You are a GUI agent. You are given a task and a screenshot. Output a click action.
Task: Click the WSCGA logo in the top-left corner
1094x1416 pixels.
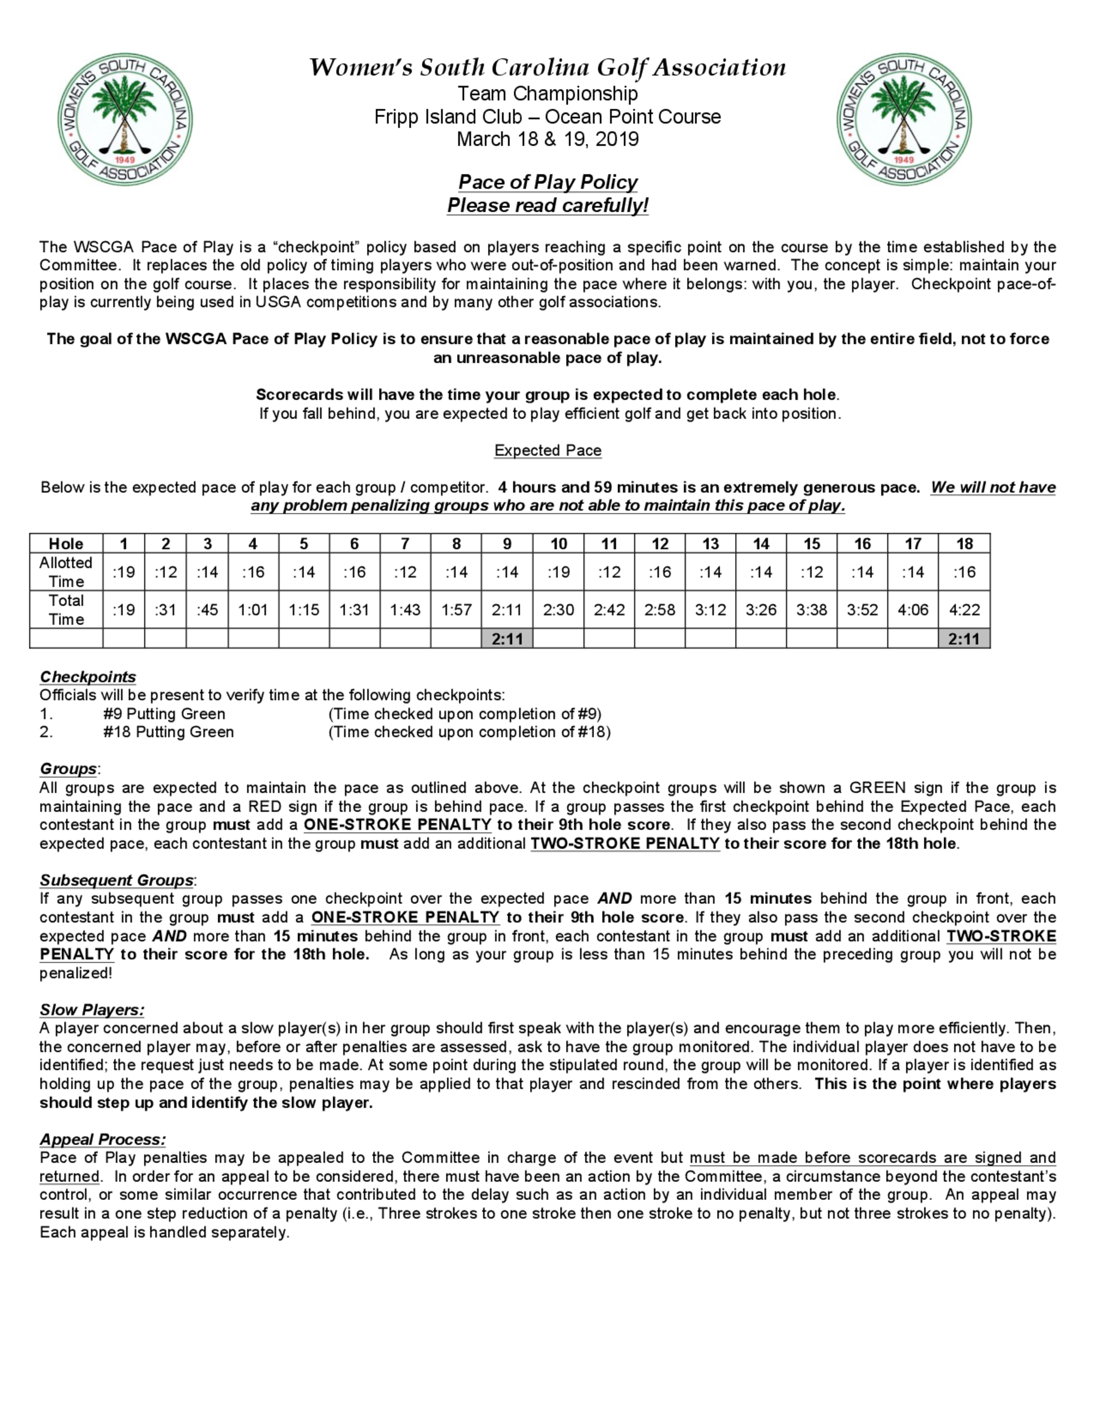coord(125,119)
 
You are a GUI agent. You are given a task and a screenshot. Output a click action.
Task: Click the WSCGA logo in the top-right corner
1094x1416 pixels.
coord(904,119)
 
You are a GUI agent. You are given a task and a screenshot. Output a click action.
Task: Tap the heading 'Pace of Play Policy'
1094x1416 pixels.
coord(548,182)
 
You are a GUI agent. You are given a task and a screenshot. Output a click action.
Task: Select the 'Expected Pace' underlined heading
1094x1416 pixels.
coord(548,450)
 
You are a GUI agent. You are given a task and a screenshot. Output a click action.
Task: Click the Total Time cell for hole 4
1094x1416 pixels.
coord(253,610)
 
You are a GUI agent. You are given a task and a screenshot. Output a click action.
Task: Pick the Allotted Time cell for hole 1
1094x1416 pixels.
coord(124,572)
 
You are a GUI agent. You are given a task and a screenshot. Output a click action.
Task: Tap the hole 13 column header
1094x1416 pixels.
coord(711,543)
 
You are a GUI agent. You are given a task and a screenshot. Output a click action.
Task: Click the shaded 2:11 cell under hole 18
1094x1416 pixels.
coord(964,639)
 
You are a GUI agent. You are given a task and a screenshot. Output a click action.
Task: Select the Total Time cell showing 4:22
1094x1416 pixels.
coord(964,610)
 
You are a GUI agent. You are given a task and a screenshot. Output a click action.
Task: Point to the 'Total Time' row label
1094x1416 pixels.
coord(66,610)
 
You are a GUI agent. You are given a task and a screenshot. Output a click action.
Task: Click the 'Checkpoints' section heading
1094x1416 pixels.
coord(88,677)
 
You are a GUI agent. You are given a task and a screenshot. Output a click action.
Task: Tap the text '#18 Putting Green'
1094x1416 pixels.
coord(168,732)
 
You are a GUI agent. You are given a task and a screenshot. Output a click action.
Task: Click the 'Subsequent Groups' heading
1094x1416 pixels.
coord(117,880)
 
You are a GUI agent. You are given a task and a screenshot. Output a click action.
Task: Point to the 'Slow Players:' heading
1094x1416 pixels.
coord(91,1009)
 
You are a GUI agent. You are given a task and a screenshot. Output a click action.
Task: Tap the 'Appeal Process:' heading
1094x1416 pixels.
coord(102,1139)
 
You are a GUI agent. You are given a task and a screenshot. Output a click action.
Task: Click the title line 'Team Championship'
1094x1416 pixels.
coord(548,94)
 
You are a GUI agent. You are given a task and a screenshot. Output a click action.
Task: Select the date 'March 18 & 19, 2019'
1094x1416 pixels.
coord(548,140)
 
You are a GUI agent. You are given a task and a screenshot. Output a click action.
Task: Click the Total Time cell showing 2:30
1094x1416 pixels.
coord(558,610)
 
